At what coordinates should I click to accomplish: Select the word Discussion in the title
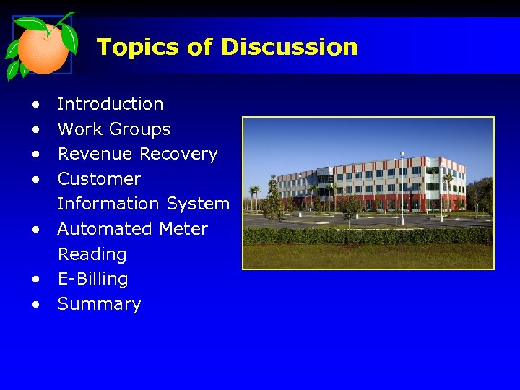289,47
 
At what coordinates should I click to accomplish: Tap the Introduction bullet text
110,104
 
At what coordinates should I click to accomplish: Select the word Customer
99,178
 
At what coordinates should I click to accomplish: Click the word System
198,204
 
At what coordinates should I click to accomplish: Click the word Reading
92,254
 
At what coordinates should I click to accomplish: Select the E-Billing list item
92,279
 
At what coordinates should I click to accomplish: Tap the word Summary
99,304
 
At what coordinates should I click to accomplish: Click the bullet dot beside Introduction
35,105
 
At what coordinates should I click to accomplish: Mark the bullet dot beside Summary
35,305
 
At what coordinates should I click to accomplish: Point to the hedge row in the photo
368,235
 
